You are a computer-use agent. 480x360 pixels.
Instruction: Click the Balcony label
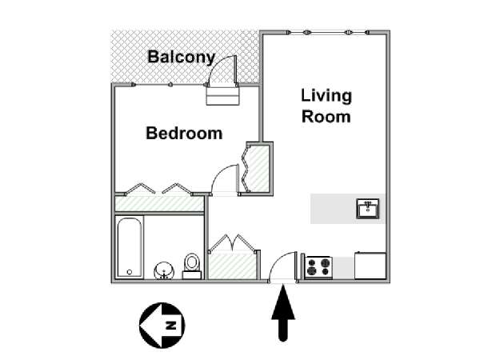pos(182,58)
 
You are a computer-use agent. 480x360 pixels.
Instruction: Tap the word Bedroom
pos(184,133)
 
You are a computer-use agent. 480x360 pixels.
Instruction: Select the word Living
pos(326,97)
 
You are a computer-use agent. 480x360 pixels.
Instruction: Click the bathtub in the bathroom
pos(130,247)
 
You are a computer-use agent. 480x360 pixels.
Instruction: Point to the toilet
pos(192,266)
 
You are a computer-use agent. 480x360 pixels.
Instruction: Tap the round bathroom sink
pos(164,270)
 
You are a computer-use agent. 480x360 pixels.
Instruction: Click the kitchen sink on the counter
pos(368,209)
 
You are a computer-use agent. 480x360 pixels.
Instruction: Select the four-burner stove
pos(318,267)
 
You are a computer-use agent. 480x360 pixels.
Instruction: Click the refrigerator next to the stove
pos(370,266)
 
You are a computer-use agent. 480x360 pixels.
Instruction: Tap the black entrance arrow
pos(283,313)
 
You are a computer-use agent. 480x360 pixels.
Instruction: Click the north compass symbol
pos(162,325)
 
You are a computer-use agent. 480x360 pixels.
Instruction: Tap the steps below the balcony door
pos(222,95)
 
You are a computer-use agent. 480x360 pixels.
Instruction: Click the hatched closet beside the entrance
pos(232,265)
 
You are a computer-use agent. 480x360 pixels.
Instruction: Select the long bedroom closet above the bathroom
pos(159,203)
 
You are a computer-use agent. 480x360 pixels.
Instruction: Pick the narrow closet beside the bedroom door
pos(259,168)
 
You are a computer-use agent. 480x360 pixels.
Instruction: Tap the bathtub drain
pos(130,272)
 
